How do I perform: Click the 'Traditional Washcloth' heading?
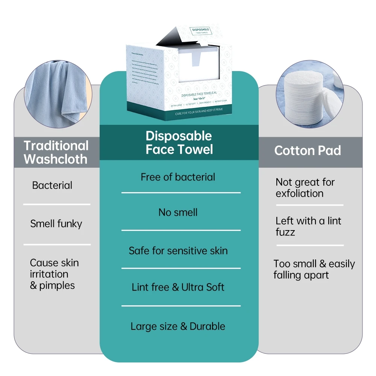click(x=56, y=152)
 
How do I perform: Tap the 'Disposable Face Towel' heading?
click(x=179, y=143)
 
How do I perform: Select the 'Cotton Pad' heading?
click(x=307, y=151)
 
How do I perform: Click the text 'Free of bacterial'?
click(x=178, y=177)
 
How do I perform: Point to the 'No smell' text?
click(x=178, y=212)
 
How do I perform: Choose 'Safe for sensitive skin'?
click(x=178, y=251)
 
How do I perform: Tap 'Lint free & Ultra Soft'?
click(x=178, y=288)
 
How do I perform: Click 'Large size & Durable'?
click(x=178, y=326)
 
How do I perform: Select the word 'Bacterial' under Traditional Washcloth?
click(x=52, y=185)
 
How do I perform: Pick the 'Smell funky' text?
click(x=56, y=224)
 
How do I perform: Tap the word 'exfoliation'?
click(x=299, y=194)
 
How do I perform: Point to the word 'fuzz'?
click(x=285, y=232)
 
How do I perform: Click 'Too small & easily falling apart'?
click(x=314, y=269)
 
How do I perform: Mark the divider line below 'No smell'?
click(x=181, y=230)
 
